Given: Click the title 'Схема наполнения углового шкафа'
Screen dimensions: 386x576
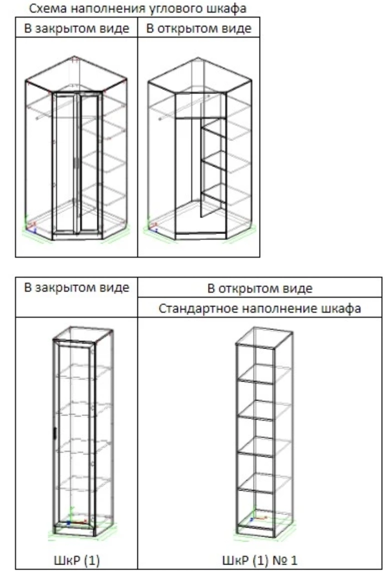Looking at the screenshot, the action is [x=138, y=9].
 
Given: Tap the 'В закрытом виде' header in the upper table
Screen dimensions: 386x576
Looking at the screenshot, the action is [x=76, y=28].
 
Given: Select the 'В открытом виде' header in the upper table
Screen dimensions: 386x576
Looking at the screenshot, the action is [x=198, y=28].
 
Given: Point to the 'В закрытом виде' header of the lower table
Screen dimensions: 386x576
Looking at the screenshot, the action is [x=76, y=287].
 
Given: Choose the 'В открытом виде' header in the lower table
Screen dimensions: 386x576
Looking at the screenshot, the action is [x=259, y=289].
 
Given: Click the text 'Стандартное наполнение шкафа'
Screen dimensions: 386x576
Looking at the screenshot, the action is [x=259, y=308].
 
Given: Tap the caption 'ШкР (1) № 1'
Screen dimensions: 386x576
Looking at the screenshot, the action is [x=259, y=560].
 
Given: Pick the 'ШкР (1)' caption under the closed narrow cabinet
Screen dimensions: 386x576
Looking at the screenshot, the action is [x=76, y=560].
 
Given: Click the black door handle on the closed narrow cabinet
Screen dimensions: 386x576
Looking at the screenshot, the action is [x=55, y=433].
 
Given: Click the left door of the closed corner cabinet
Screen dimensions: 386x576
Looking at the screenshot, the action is [x=65, y=163].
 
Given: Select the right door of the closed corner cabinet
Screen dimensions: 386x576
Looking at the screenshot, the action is [x=90, y=163].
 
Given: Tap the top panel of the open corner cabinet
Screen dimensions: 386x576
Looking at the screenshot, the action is [x=199, y=75].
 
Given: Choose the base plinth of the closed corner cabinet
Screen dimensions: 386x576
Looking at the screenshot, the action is [x=77, y=236].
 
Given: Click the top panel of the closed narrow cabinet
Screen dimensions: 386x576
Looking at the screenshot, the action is [x=83, y=335].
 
